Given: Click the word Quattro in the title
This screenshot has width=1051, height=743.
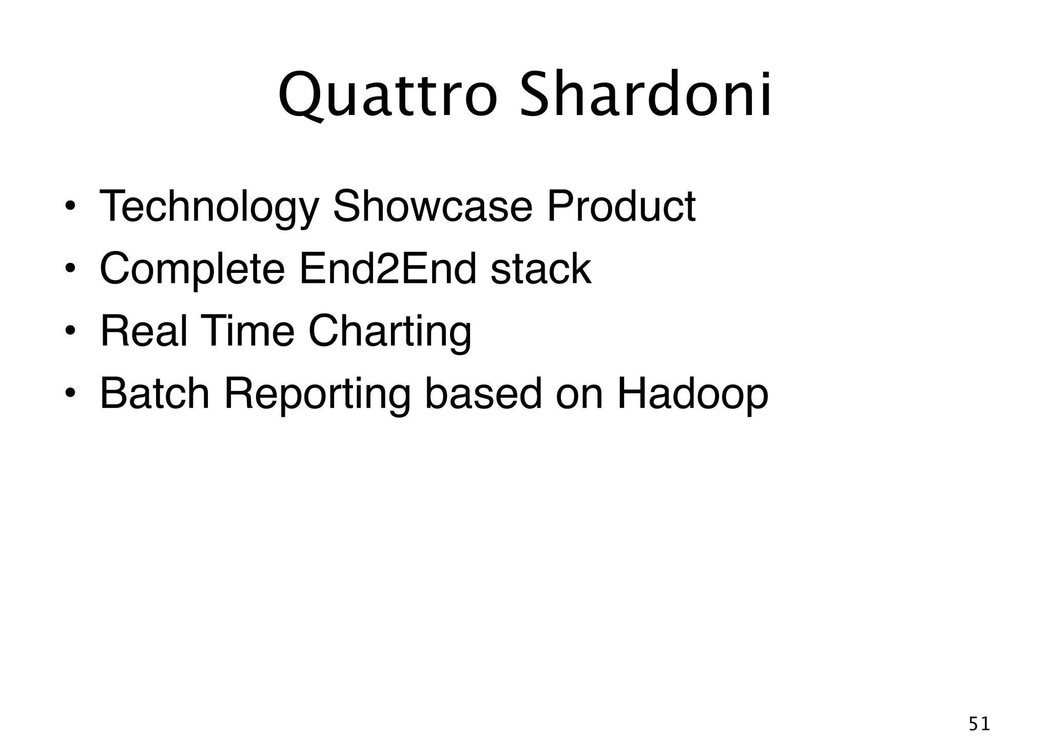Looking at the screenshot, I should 387,95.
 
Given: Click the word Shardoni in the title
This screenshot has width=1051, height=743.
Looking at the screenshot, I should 645,95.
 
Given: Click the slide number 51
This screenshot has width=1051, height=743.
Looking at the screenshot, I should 979,724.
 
